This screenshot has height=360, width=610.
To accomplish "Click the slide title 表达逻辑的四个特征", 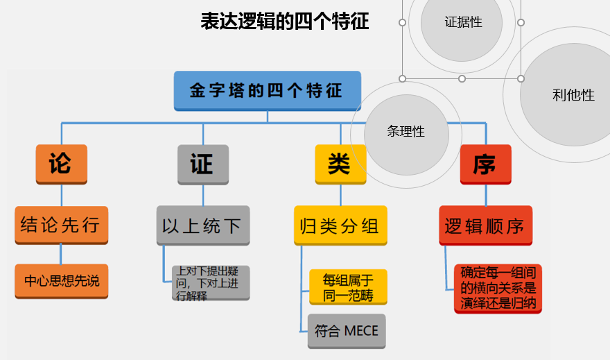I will pyautogui.click(x=284, y=22).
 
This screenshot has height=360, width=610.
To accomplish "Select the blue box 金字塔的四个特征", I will pyautogui.click(x=267, y=91).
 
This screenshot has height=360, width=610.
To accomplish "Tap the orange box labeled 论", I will pyautogui.click(x=61, y=164).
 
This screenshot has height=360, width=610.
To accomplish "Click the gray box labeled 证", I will pyautogui.click(x=202, y=164).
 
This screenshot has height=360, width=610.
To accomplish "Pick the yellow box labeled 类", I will pyautogui.click(x=340, y=164).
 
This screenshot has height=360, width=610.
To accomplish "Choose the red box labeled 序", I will pyautogui.click(x=485, y=164).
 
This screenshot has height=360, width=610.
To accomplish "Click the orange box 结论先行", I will pyautogui.click(x=61, y=225).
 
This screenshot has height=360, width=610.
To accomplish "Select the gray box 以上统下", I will pyautogui.click(x=202, y=225).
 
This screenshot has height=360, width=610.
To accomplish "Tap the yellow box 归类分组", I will pyautogui.click(x=340, y=225).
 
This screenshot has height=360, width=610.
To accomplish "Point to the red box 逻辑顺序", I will pyautogui.click(x=485, y=225).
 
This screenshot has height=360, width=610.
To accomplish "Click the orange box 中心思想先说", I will pyautogui.click(x=62, y=281).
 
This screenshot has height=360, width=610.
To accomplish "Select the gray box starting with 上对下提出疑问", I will pyautogui.click(x=210, y=283).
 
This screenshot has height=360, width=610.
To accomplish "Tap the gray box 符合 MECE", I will pyautogui.click(x=347, y=331).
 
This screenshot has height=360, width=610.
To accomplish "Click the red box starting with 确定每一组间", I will pyautogui.click(x=498, y=288).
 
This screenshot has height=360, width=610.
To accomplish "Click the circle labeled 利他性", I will pyautogui.click(x=573, y=95).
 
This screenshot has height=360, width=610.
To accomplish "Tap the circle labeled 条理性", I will pyautogui.click(x=406, y=130).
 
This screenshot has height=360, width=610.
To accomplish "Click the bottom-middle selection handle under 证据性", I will pyautogui.click(x=462, y=78).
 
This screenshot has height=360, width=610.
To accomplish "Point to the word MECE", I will pyautogui.click(x=361, y=331).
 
